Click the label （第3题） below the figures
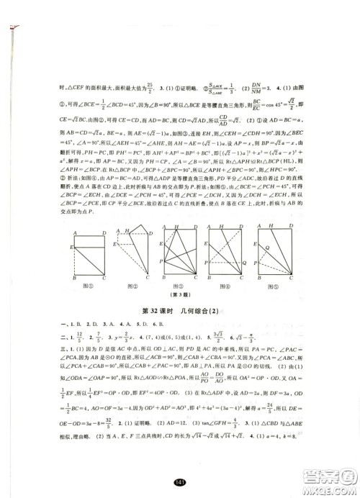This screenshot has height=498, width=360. pyautogui.click(x=179, y=296)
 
